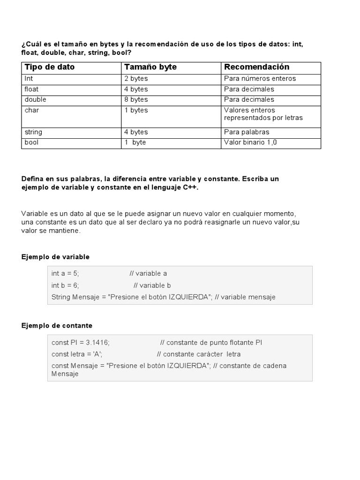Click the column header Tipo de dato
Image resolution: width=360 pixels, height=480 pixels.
49,67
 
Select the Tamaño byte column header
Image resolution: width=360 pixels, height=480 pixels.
150,67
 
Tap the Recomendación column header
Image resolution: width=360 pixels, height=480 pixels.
256,67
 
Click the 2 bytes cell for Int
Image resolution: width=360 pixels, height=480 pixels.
136,79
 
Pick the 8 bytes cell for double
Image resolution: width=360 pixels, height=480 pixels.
136,99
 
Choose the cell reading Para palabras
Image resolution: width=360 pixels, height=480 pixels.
247,132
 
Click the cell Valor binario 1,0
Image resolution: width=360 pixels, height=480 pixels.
250,142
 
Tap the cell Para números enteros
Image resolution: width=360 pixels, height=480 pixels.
260,79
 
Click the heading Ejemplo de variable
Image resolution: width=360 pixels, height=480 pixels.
55,257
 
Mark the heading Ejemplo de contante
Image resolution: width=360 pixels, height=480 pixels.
57,325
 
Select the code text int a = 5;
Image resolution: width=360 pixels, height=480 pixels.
65,273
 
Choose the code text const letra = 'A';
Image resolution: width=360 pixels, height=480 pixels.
77,354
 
